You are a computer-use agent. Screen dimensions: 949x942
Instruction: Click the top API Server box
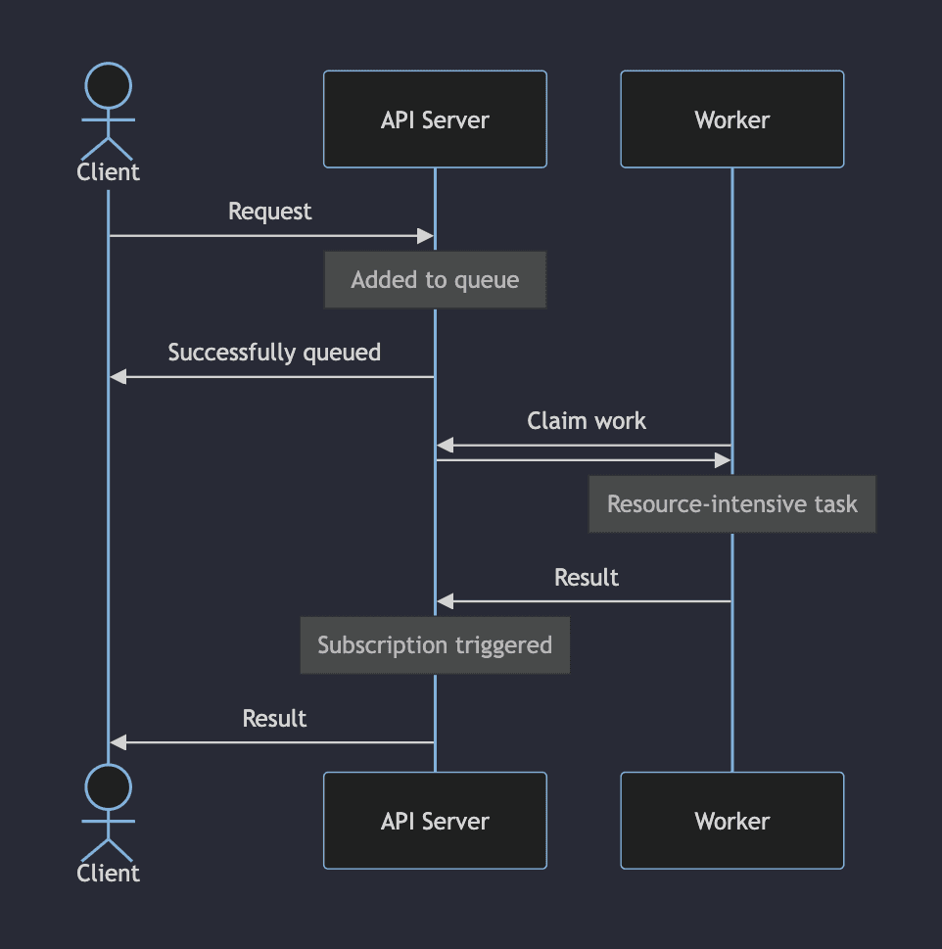point(435,119)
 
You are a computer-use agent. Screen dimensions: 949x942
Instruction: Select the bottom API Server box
point(435,821)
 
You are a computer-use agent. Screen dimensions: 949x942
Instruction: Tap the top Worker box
point(731,119)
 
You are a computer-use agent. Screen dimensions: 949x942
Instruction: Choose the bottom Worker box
point(731,821)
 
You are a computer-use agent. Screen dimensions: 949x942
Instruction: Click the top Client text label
point(108,172)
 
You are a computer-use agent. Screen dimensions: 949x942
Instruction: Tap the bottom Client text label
point(108,873)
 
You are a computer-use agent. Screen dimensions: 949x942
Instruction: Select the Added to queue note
point(435,280)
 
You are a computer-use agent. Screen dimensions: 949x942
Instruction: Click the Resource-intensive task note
point(731,504)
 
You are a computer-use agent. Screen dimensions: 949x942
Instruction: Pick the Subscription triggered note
point(435,645)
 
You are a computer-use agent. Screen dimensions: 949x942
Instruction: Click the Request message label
point(269,212)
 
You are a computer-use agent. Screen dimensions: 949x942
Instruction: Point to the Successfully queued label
point(274,353)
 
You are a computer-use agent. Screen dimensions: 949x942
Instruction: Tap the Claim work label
point(587,421)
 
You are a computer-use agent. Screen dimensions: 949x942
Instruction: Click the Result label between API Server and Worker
point(587,578)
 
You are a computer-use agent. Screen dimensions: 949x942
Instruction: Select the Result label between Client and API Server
point(274,719)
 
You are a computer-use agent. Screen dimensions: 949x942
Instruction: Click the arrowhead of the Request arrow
point(426,236)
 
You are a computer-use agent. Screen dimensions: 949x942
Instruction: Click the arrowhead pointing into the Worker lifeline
point(723,460)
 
